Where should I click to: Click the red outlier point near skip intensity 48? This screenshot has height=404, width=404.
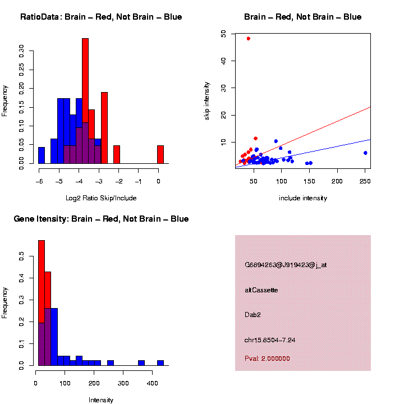[248, 39]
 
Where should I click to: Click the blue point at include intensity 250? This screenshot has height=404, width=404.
[365, 153]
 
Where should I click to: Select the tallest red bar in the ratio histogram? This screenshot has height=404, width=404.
[85, 101]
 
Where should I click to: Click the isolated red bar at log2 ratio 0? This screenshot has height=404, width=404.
[160, 154]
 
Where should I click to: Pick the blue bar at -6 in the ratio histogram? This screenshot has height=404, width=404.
[42, 155]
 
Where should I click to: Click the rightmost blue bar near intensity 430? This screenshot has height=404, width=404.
[160, 362]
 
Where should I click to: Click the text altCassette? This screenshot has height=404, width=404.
[261, 290]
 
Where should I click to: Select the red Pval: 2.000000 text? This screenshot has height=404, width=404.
[267, 359]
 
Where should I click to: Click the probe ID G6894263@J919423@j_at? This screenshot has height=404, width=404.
[285, 265]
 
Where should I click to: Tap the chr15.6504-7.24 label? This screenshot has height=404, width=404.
[270, 340]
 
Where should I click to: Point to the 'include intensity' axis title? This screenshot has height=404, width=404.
[302, 198]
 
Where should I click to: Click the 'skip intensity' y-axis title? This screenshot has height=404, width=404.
[208, 100]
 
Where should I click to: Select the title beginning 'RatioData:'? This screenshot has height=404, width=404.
[101, 17]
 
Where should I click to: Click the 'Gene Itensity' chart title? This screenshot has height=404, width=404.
[101, 219]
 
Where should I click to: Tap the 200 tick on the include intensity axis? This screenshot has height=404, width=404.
[337, 181]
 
